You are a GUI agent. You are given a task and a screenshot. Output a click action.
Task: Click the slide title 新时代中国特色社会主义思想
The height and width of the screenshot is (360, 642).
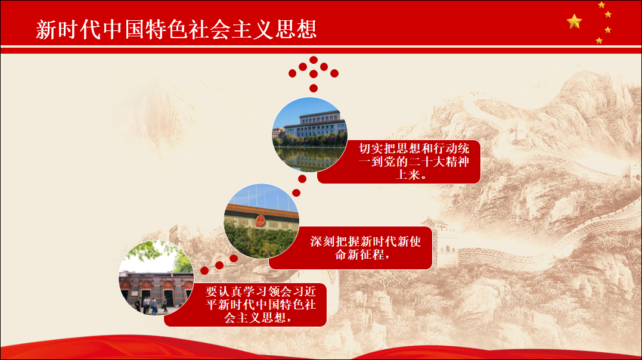pyautogui.click(x=176, y=29)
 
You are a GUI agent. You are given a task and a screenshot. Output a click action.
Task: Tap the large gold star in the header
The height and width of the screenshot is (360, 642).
pyautogui.click(x=575, y=21)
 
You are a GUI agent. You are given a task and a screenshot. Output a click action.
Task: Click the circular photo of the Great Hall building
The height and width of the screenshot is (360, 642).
pyautogui.click(x=310, y=135)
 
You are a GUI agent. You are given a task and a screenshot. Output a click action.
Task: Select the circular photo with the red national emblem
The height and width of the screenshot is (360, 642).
pyautogui.click(x=261, y=221)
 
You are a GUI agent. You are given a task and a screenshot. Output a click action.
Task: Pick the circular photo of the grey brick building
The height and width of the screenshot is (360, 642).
pyautogui.click(x=156, y=278)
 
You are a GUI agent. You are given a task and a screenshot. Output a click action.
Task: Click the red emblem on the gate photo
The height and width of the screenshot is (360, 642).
pyautogui.click(x=260, y=221)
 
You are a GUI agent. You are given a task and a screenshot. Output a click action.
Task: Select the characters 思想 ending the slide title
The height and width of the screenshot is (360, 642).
pyautogui.click(x=296, y=29)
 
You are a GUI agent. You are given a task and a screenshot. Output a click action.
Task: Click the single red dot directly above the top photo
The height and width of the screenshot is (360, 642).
pyautogui.click(x=313, y=88)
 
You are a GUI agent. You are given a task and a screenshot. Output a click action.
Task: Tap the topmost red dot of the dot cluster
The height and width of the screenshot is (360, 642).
pyautogui.click(x=314, y=60)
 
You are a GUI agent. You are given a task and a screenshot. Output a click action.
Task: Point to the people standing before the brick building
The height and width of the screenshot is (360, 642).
pyautogui.click(x=151, y=305)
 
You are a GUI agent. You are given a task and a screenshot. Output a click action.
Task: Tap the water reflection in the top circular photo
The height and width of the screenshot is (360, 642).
pyautogui.click(x=310, y=159)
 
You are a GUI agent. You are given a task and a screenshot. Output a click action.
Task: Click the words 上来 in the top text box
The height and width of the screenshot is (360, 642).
pyautogui.click(x=408, y=175)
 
